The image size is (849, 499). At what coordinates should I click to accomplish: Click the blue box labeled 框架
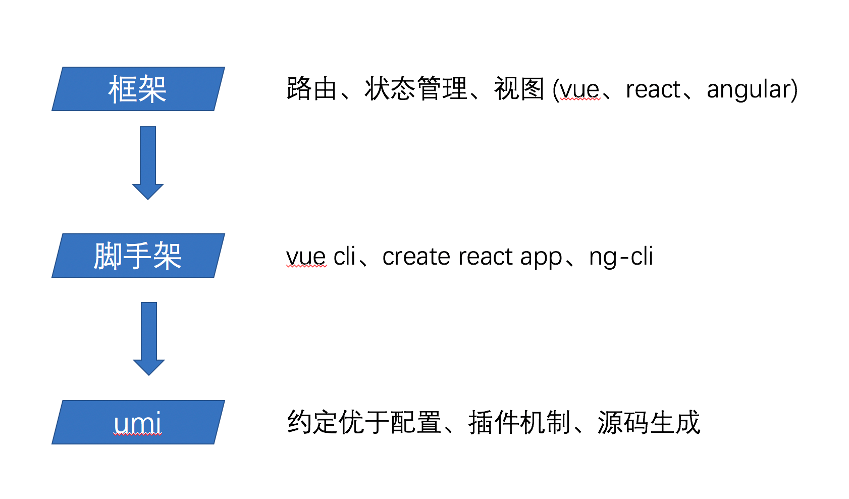[x=138, y=89]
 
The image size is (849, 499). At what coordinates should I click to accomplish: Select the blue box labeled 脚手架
[x=138, y=256]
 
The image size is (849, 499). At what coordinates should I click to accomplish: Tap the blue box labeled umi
[x=138, y=422]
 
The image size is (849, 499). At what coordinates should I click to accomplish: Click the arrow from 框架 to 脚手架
[x=148, y=162]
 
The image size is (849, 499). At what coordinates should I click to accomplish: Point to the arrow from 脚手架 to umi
[x=149, y=337]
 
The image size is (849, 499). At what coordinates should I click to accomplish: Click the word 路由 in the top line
[x=311, y=89]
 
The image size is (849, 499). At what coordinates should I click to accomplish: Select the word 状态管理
[x=416, y=89]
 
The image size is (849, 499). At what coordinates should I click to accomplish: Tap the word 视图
[x=519, y=89]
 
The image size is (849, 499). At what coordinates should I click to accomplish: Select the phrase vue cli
[x=321, y=257]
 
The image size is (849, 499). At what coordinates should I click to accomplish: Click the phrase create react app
[x=471, y=257]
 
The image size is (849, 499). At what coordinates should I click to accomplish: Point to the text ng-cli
[x=621, y=257]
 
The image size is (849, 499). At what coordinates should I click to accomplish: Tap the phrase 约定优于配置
[x=364, y=422]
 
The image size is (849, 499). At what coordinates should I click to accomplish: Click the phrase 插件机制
[x=519, y=422]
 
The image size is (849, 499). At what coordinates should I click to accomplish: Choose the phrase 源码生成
[x=649, y=422]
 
